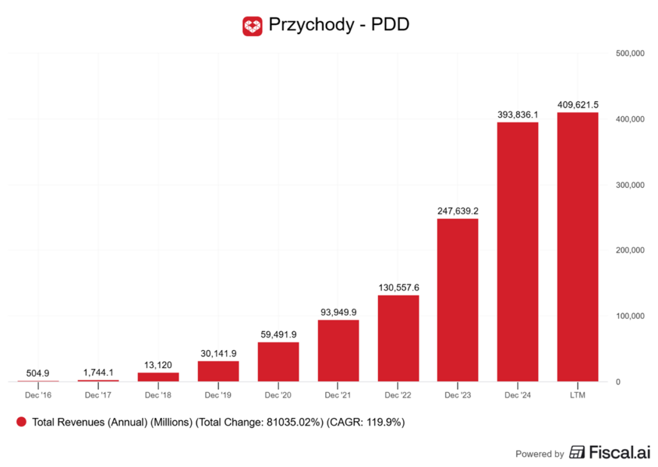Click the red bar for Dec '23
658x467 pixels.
tap(458, 300)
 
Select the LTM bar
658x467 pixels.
tap(578, 247)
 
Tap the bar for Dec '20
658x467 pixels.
tap(278, 362)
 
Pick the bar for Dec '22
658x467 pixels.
tap(398, 338)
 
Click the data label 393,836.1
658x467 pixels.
tap(518, 114)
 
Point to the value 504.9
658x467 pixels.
tap(39, 373)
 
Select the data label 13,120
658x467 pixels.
tap(158, 365)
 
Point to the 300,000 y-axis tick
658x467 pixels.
tap(629, 185)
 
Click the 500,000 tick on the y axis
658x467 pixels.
tap(629, 54)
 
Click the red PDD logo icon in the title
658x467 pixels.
tap(253, 26)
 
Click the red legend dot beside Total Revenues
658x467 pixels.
tap(21, 422)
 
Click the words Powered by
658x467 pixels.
tap(540, 453)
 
